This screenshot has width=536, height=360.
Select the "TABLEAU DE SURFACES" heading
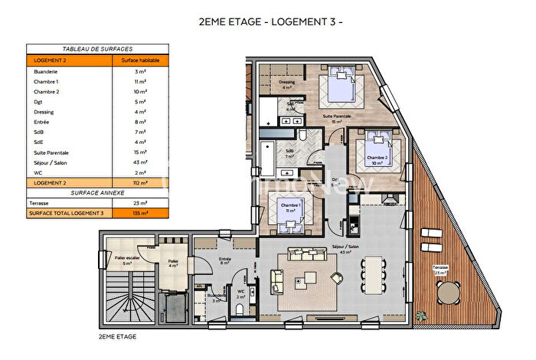87,48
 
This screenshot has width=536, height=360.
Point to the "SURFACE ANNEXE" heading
87,193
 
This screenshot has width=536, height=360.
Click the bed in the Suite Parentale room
339,87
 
